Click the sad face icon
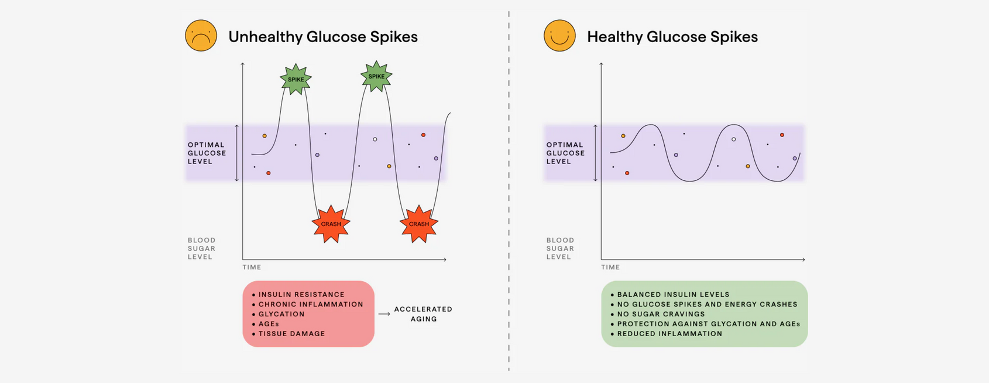[x=201, y=36]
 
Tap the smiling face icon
[x=559, y=36]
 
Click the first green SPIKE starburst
[x=296, y=79]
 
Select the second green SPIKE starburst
[x=376, y=76]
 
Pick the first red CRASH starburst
[x=331, y=224]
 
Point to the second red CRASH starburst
[x=418, y=224]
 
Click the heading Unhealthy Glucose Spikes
[x=322, y=37]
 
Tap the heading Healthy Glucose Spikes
[x=672, y=37]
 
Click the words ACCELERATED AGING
[x=423, y=314]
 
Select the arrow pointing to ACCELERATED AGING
[x=384, y=314]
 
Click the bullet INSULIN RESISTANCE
[x=301, y=295]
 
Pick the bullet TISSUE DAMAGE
[x=291, y=334]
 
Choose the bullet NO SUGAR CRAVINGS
[x=661, y=314]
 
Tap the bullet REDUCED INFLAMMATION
[x=669, y=334]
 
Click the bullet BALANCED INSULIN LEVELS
[x=673, y=295]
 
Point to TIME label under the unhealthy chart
[x=252, y=267]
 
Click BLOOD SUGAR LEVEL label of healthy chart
[x=560, y=248]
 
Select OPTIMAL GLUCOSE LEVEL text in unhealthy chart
[x=206, y=153]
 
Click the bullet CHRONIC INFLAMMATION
[x=311, y=305]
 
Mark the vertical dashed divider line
[x=509, y=193]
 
